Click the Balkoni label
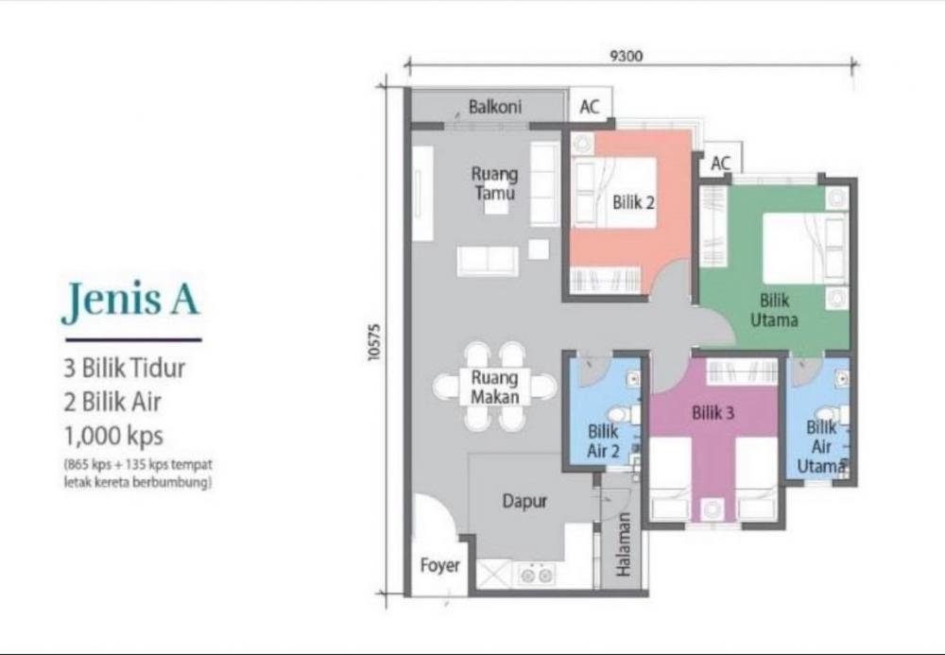(495, 107)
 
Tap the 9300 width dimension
(627, 56)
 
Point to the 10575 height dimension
(374, 343)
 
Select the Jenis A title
(130, 300)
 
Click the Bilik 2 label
(633, 202)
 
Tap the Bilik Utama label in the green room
(775, 310)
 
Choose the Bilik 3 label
(713, 413)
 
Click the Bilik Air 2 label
(603, 440)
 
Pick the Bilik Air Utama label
(821, 446)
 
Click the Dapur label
(524, 501)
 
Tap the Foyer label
(440, 565)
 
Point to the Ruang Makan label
(495, 387)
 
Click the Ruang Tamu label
(494, 183)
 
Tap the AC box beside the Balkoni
(591, 106)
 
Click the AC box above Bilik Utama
(721, 162)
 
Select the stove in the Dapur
(536, 575)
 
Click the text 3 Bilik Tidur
(124, 368)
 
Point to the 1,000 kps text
(113, 435)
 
